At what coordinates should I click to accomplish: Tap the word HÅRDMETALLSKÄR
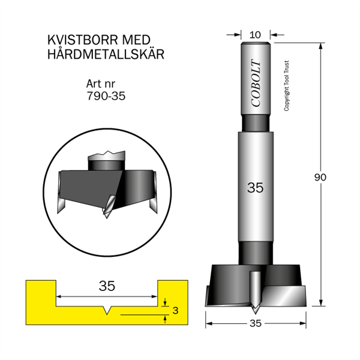click(x=106, y=54)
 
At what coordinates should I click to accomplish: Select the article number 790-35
click(x=106, y=96)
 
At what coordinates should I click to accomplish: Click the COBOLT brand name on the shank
click(x=256, y=83)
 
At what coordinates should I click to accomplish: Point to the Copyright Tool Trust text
click(x=286, y=86)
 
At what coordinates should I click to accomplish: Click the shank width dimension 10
click(x=256, y=35)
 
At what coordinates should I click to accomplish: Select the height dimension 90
click(x=320, y=177)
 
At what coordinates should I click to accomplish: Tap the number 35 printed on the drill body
click(x=256, y=188)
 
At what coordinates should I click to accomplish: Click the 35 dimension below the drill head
click(x=256, y=323)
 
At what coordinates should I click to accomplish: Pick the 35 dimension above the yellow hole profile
click(x=107, y=286)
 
